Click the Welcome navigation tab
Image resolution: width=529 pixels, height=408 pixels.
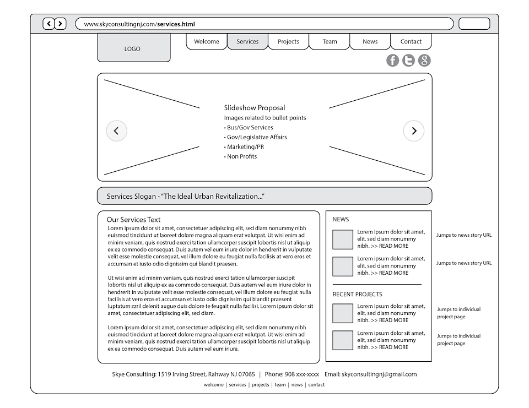[207, 42]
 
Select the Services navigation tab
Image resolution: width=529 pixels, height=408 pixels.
[247, 42]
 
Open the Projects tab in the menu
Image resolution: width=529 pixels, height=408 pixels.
[288, 42]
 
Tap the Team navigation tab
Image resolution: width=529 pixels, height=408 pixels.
[330, 42]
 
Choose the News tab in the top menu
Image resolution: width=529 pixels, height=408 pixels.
[370, 42]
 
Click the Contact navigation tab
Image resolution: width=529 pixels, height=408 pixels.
[411, 42]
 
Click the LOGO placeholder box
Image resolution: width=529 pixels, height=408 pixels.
[133, 48]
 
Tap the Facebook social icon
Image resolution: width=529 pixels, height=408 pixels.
[392, 61]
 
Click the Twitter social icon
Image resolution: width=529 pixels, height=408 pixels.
[408, 61]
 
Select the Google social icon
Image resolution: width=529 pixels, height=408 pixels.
[424, 61]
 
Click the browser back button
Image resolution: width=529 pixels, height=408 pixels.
[48, 24]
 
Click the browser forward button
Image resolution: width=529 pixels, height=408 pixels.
[61, 24]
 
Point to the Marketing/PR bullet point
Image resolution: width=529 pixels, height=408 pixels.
[245, 147]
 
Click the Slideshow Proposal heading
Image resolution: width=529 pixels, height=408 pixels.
[255, 108]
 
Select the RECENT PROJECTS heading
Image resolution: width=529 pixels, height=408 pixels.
[357, 295]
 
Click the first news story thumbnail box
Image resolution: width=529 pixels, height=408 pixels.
[343, 240]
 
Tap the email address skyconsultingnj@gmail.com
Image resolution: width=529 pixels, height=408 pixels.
[379, 374]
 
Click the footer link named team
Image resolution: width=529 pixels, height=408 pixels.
[280, 385]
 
